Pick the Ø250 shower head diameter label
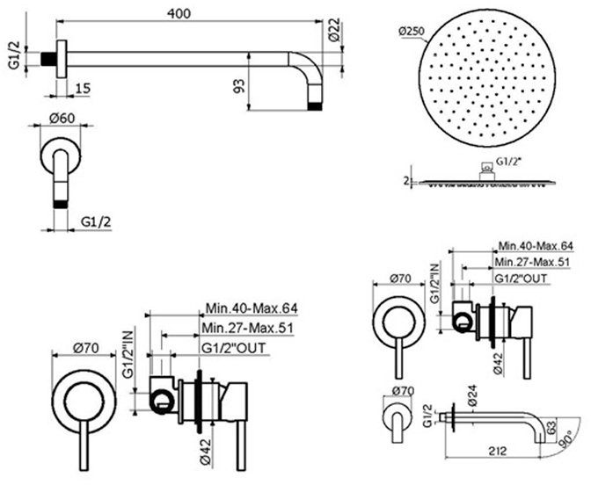coord(412,32)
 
